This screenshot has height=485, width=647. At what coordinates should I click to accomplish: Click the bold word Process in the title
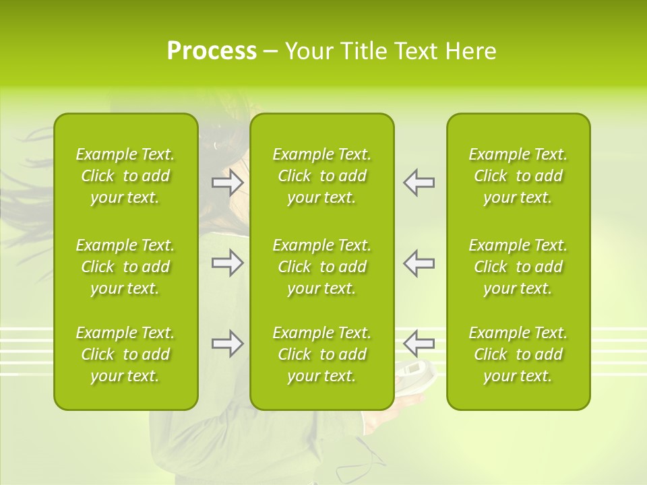click(212, 51)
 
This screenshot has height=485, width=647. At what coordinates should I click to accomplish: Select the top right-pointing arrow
click(227, 183)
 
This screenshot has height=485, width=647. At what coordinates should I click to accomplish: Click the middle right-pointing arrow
click(227, 263)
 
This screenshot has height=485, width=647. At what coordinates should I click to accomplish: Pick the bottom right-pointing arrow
click(227, 344)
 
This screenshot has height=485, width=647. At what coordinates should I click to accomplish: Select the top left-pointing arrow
click(419, 183)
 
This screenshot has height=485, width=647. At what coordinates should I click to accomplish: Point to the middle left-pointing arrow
click(419, 263)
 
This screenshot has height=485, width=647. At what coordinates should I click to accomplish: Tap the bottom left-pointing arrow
click(419, 344)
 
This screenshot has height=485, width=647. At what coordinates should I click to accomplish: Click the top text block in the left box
click(125, 176)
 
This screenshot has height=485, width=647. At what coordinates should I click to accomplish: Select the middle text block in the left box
click(125, 267)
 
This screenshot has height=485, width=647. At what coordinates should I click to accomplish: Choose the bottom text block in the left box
click(125, 354)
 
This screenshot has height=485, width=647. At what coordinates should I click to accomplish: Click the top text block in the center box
click(321, 176)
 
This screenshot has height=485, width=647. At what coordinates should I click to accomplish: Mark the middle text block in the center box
click(321, 267)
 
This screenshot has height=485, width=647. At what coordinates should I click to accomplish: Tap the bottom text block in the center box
click(321, 354)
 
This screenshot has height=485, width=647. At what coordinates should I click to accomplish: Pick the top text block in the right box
click(518, 176)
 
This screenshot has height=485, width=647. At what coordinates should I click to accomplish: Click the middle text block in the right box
click(518, 267)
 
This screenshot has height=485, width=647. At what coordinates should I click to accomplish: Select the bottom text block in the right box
click(518, 354)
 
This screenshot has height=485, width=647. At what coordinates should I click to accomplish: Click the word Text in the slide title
click(417, 51)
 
